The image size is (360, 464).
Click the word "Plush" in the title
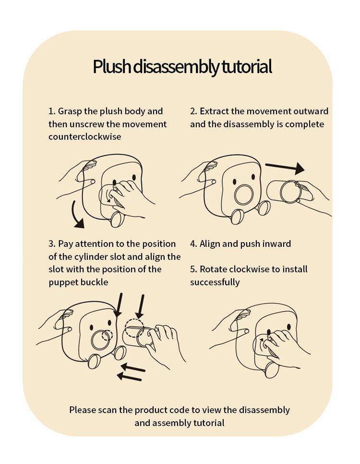tap(112, 67)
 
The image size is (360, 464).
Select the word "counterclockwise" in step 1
tap(85, 137)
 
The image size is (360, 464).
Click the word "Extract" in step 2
tap(215, 111)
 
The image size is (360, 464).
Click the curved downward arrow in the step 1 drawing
tap(77, 215)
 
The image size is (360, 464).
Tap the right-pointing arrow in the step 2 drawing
tap(285, 168)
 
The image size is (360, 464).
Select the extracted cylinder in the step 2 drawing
tap(285, 191)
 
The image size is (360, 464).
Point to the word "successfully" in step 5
tap(215, 282)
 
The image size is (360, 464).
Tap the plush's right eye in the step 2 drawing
tap(253, 177)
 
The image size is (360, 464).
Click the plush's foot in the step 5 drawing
tap(272, 369)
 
